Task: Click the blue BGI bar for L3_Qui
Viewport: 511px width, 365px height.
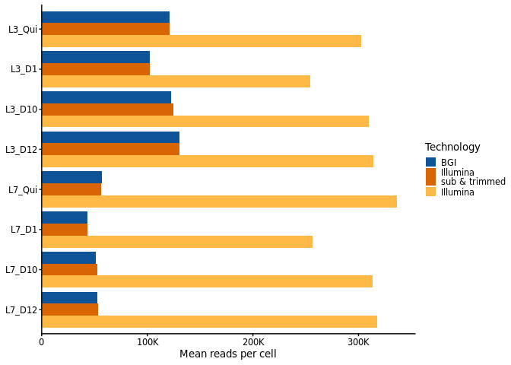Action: click(105, 17)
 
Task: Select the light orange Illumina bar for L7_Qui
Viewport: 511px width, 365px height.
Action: click(219, 202)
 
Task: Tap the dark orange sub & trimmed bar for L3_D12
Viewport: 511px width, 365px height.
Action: click(110, 149)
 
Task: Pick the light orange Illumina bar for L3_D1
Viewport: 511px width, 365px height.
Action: click(176, 81)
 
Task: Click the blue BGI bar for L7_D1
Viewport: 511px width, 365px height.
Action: click(65, 217)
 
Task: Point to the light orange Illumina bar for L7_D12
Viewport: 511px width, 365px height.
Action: click(209, 322)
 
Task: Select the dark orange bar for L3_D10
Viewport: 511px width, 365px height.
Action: click(107, 109)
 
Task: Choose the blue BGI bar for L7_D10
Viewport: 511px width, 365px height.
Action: click(68, 258)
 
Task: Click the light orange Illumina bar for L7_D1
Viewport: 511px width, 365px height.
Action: click(177, 242)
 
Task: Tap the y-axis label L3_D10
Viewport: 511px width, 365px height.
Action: click(21, 109)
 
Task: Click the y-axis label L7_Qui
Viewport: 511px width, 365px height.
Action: click(23, 190)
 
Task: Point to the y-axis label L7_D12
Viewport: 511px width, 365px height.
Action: click(21, 310)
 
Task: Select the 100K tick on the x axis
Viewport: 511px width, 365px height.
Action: click(148, 342)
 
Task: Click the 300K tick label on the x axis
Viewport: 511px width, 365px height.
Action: click(358, 342)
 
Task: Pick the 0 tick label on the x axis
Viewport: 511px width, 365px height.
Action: click(42, 342)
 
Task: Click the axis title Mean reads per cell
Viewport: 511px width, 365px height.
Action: click(227, 354)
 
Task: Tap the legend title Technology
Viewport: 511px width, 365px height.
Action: click(452, 148)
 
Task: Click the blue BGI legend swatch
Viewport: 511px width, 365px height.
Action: click(431, 162)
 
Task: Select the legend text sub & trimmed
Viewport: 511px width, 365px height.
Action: click(473, 182)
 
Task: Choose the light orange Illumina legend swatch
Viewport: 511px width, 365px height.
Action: click(431, 192)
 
